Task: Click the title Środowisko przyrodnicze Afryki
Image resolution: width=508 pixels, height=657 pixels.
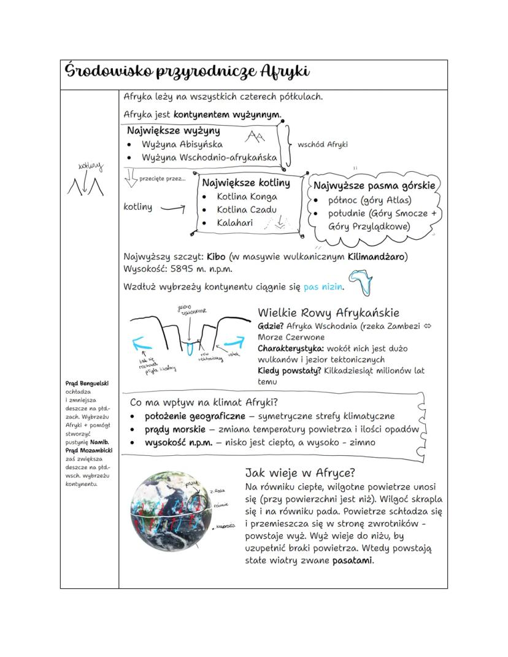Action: [x=187, y=72]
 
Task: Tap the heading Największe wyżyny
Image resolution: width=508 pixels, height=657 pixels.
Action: [x=173, y=131]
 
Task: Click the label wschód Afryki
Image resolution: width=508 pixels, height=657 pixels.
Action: [x=322, y=145]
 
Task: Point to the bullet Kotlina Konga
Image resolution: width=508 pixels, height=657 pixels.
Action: [x=247, y=197]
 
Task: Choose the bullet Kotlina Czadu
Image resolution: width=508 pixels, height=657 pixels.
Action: [x=247, y=210]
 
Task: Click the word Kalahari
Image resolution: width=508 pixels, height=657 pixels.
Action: [x=234, y=223]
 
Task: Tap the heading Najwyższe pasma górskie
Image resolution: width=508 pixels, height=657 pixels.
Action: [x=374, y=185]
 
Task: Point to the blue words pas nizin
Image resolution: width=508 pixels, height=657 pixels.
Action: [x=323, y=286]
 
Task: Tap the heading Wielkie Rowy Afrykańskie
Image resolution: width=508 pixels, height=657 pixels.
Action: [x=328, y=313]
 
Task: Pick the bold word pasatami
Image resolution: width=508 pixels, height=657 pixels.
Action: [x=353, y=561]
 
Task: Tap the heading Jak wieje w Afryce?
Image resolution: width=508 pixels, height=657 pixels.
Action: [x=300, y=473]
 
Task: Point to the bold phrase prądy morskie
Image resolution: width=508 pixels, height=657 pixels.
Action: [x=175, y=429]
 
